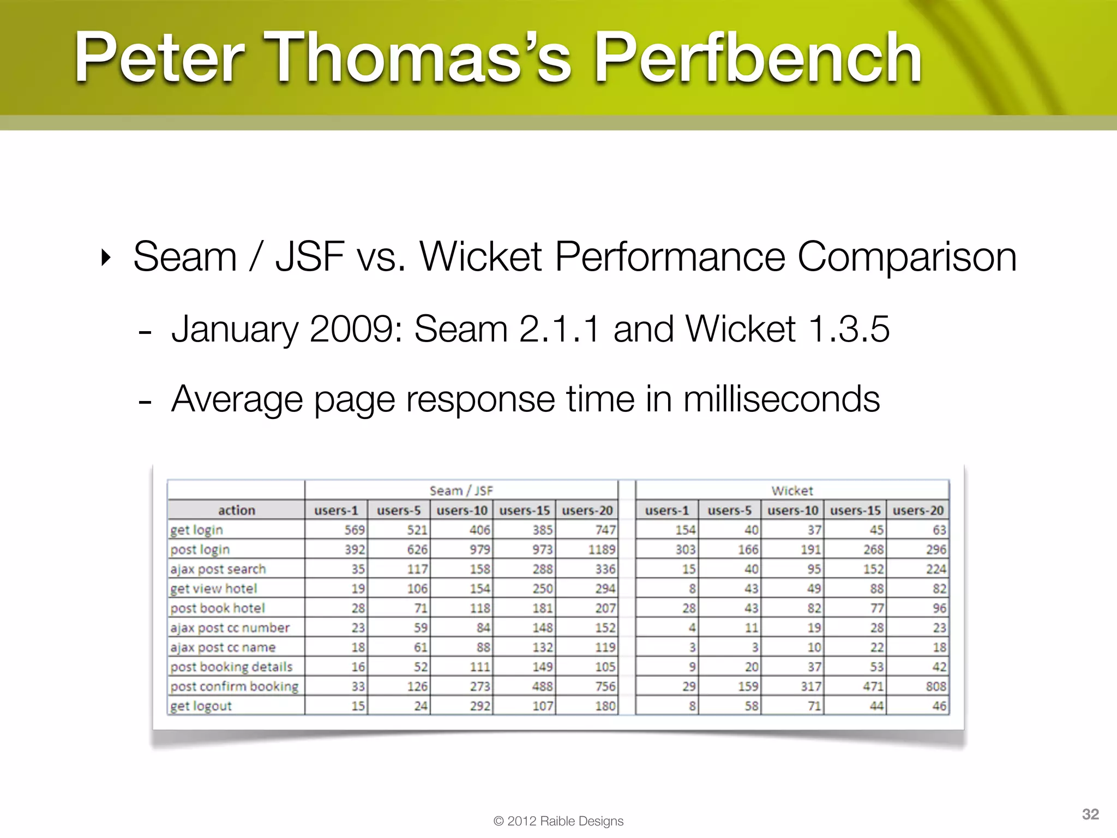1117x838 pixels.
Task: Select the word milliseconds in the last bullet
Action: (781, 399)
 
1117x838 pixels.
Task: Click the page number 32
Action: (1090, 814)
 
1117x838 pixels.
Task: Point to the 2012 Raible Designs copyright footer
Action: (558, 821)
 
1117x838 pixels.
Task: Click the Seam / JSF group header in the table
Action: (461, 490)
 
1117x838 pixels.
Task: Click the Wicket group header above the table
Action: (792, 490)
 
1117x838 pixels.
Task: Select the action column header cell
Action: (236, 510)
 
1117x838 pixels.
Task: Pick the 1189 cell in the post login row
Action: (601, 549)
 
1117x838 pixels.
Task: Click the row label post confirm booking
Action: (234, 686)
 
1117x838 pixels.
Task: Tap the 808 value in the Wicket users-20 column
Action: (935, 686)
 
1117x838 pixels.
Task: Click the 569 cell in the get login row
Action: (354, 530)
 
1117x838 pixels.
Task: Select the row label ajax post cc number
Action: (230, 628)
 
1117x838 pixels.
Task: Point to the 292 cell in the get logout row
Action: (480, 706)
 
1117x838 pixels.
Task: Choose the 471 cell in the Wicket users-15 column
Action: (873, 686)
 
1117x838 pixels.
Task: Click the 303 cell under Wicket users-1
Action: (685, 549)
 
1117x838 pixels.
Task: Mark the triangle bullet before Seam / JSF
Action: (106, 257)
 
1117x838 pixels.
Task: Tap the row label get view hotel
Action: (213, 589)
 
